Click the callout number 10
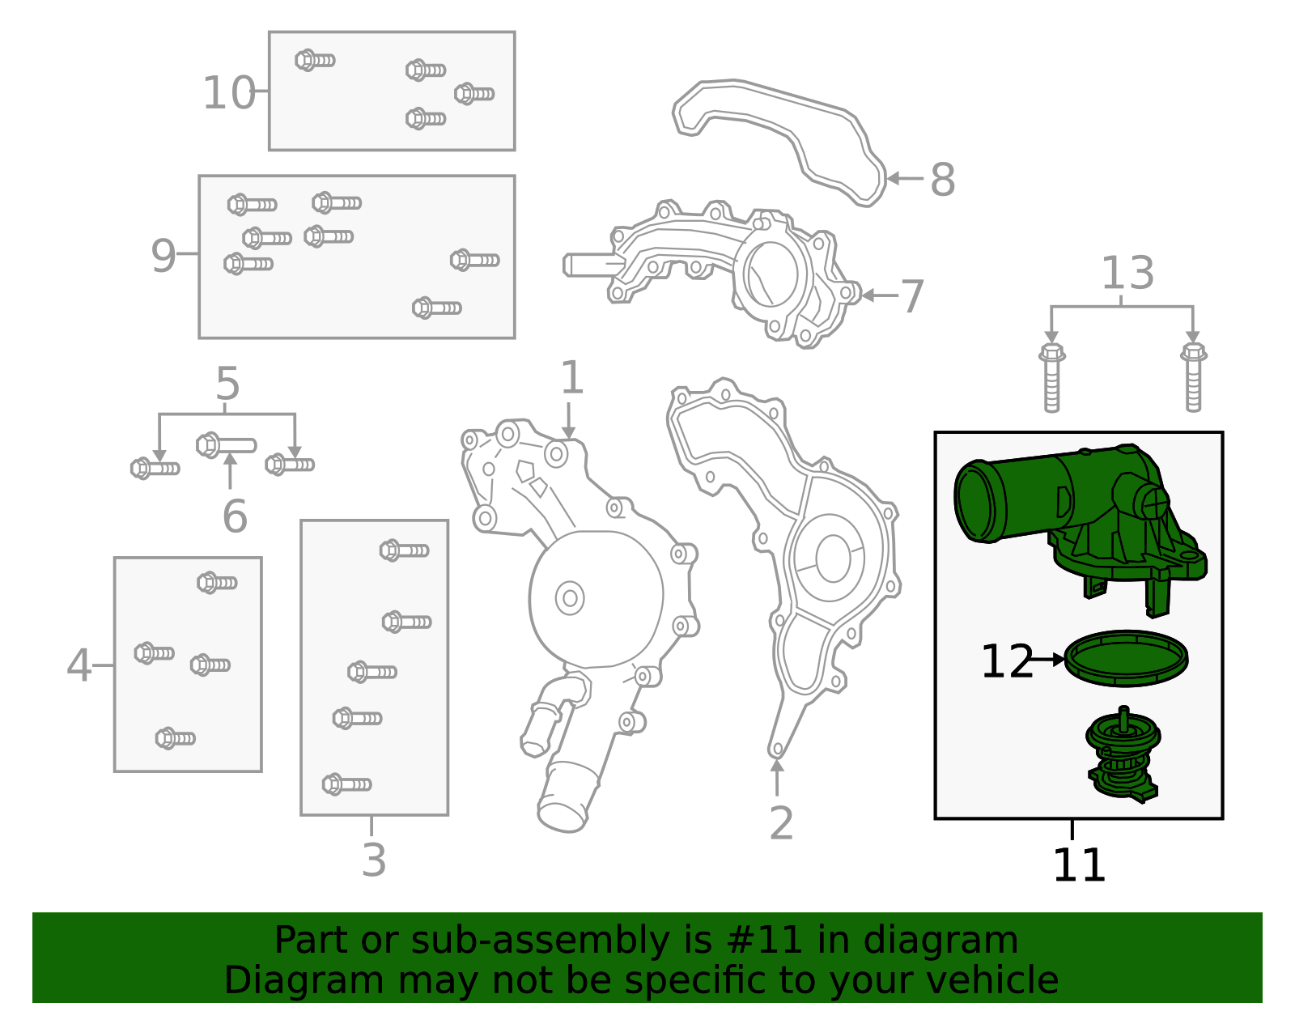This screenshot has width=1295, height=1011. point(228,93)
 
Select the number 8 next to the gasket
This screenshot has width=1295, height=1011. point(942,180)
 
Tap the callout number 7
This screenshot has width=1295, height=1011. point(912,297)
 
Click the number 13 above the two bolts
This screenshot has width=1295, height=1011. point(1127,274)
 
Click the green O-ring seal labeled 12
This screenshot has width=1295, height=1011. point(1126,658)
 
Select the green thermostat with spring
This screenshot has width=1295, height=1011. point(1123,755)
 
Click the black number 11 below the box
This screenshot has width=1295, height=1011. point(1078,865)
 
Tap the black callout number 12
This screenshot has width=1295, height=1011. point(1006,661)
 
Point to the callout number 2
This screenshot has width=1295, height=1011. point(780,823)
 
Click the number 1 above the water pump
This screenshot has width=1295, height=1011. point(571,378)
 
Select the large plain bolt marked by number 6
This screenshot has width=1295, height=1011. point(226,445)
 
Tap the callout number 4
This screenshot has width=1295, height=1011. point(79,665)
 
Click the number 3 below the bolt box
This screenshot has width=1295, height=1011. point(373,860)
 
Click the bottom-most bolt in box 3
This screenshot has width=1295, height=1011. point(346,784)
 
